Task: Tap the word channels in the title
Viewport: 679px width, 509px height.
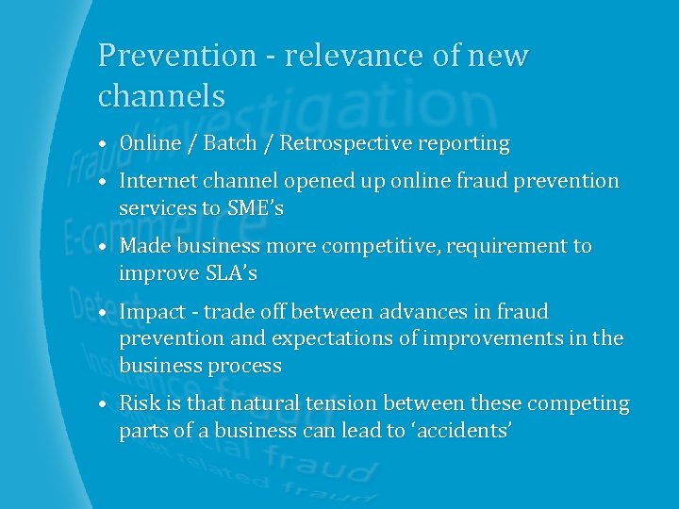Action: coord(161,95)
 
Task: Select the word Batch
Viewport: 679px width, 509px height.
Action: coord(230,144)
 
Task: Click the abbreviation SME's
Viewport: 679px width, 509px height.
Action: coord(256,208)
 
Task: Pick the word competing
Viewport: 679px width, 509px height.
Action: coord(578,403)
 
